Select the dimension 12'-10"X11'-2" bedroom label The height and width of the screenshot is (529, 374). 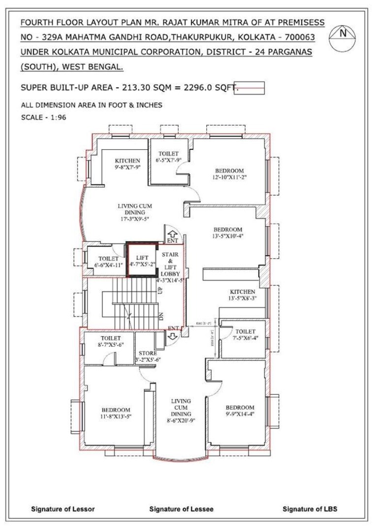pos(229,174)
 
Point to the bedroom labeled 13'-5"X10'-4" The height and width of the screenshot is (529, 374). pos(228,233)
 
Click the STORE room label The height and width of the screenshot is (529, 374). pos(147,356)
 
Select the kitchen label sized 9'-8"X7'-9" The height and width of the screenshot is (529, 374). pos(127,164)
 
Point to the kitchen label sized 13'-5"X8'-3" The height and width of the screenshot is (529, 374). pos(242,295)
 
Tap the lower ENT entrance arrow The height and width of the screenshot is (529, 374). pos(172,335)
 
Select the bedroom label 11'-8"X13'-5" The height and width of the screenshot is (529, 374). pos(116,413)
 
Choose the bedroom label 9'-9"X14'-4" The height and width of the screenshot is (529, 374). pos(240,411)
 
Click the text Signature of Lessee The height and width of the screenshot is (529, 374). pos(181,509)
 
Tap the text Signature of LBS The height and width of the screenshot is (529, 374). pos(310,509)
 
